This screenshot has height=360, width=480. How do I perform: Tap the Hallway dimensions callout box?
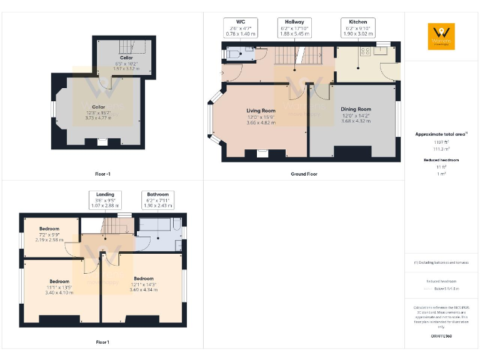[x=294, y=28]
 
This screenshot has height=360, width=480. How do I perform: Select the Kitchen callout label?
[x=358, y=28]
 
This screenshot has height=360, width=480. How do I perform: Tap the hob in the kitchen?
[x=364, y=51]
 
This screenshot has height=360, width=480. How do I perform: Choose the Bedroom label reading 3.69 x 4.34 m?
[x=144, y=284]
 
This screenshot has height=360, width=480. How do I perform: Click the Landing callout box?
[x=104, y=199]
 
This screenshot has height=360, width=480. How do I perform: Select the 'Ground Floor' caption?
[x=304, y=174]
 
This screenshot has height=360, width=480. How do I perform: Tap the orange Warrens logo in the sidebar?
[x=441, y=36]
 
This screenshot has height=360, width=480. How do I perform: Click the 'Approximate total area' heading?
[x=441, y=134]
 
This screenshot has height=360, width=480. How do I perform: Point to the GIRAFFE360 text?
[x=441, y=336]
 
